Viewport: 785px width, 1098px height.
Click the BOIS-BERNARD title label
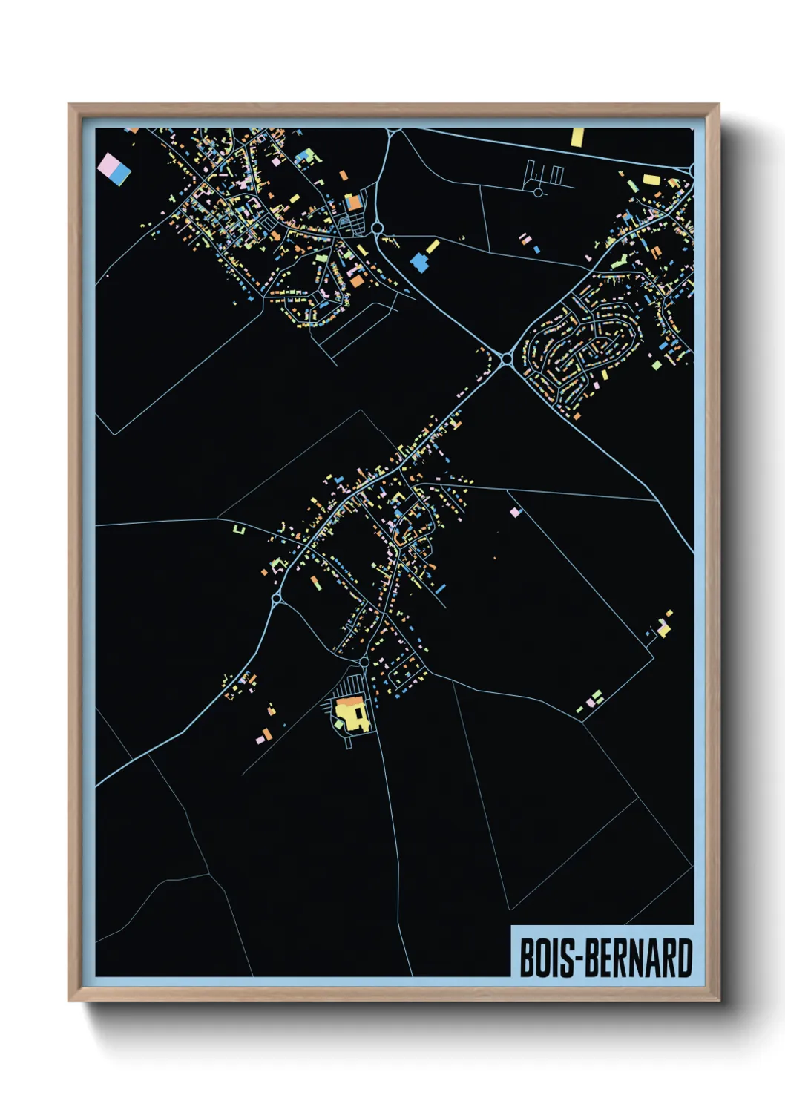605,958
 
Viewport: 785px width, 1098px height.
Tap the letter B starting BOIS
528,959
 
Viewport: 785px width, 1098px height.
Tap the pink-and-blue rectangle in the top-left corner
114,168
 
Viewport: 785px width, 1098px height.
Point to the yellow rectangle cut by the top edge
577,137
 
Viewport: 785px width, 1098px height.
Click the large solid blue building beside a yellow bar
421,261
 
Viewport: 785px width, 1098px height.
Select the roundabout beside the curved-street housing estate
507,359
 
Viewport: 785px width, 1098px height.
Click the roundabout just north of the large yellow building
364,661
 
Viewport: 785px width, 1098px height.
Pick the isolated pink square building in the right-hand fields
515,512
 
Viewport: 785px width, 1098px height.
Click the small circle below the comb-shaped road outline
538,192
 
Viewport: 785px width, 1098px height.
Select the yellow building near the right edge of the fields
663,629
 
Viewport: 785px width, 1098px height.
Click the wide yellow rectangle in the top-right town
651,179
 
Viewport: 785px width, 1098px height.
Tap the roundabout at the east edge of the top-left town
377,229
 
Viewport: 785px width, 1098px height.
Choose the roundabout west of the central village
277,597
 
